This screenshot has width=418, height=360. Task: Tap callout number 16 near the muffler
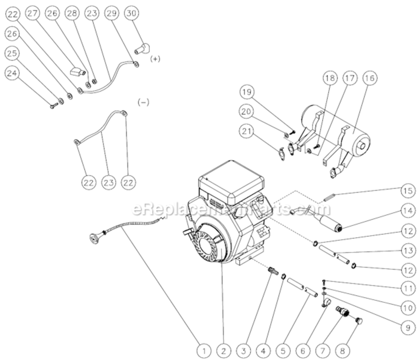coord(370,77)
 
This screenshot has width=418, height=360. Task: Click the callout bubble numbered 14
coord(408,210)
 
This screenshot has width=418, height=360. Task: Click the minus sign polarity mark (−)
coord(143,102)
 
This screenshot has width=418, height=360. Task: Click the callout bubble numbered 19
coord(247,92)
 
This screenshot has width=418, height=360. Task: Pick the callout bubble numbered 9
coord(408,328)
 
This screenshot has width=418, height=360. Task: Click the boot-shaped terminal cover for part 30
coord(143,48)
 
